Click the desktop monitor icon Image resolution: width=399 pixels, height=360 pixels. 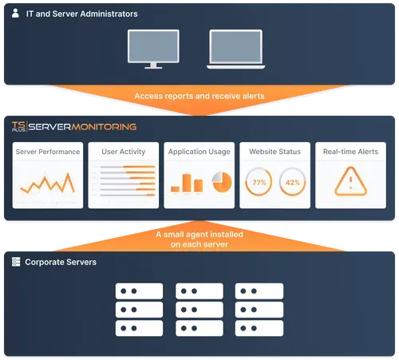[x=153, y=49]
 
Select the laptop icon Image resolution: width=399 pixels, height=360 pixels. [x=235, y=49]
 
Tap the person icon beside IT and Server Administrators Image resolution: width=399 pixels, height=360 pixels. [x=15, y=13]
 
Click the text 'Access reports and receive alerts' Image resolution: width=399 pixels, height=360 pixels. [x=199, y=96]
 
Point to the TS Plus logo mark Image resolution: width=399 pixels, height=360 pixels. [x=18, y=126]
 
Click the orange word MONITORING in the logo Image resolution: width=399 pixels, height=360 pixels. [x=104, y=127]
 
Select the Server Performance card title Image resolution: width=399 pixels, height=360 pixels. [x=48, y=152]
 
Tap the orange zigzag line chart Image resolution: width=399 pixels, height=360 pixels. [x=47, y=183]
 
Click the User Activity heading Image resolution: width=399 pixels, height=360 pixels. [x=124, y=152]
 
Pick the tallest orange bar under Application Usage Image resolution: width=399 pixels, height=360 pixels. [x=187, y=183]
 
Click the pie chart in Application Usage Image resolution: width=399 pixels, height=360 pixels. [x=222, y=182]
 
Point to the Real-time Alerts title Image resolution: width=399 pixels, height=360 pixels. [x=350, y=152]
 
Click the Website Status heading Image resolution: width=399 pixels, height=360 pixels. [x=275, y=152]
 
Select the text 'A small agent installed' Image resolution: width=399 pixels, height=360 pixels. [x=199, y=235]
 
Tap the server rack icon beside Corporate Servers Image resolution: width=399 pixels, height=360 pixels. [x=16, y=262]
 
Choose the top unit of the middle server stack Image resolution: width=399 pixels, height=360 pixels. [x=199, y=291]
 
